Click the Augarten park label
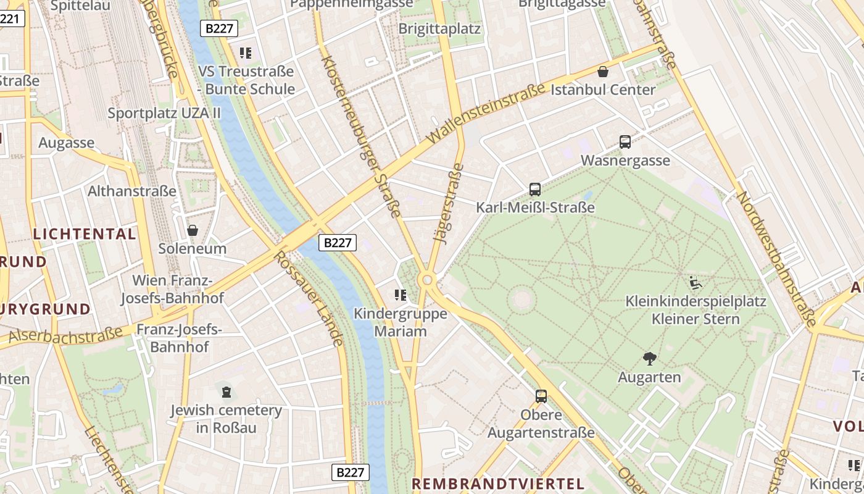tap(649, 377)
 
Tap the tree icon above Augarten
tap(649, 358)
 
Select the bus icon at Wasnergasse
tap(625, 142)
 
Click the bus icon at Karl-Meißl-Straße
tap(535, 190)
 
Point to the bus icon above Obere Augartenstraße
tap(541, 396)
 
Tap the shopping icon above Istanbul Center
tap(603, 72)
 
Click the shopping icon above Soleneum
tap(193, 230)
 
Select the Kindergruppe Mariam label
tap(400, 322)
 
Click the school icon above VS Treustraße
tap(246, 53)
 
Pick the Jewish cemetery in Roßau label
tap(226, 419)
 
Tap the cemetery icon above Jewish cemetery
tap(226, 391)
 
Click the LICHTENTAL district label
tap(85, 234)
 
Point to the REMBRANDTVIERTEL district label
tap(497, 484)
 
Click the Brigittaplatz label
tap(439, 29)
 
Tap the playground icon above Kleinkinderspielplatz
tap(696, 283)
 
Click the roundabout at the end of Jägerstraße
tap(426, 280)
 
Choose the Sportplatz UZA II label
tap(164, 113)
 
